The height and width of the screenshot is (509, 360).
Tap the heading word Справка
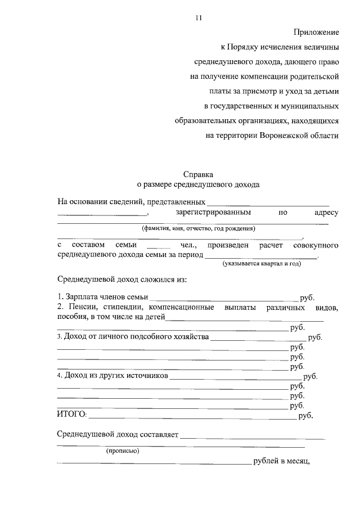point(199,174)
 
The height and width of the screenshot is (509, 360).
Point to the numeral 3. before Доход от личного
point(60,337)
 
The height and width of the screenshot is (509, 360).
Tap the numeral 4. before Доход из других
point(60,376)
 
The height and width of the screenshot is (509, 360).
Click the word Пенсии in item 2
point(84,307)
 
